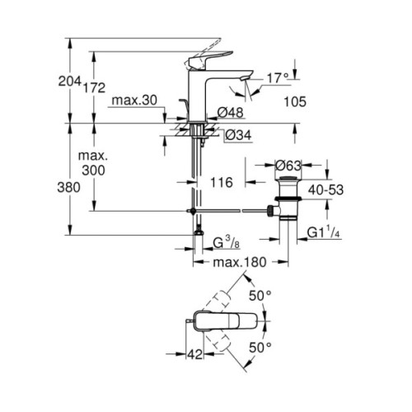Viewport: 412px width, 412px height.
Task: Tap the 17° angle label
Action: pos(277,78)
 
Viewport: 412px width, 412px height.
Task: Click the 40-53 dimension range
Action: pos(325,189)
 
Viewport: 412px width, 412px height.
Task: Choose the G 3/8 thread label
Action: pos(228,243)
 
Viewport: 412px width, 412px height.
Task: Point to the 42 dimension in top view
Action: pos(195,355)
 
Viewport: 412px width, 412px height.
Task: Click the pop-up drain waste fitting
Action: pos(286,199)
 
